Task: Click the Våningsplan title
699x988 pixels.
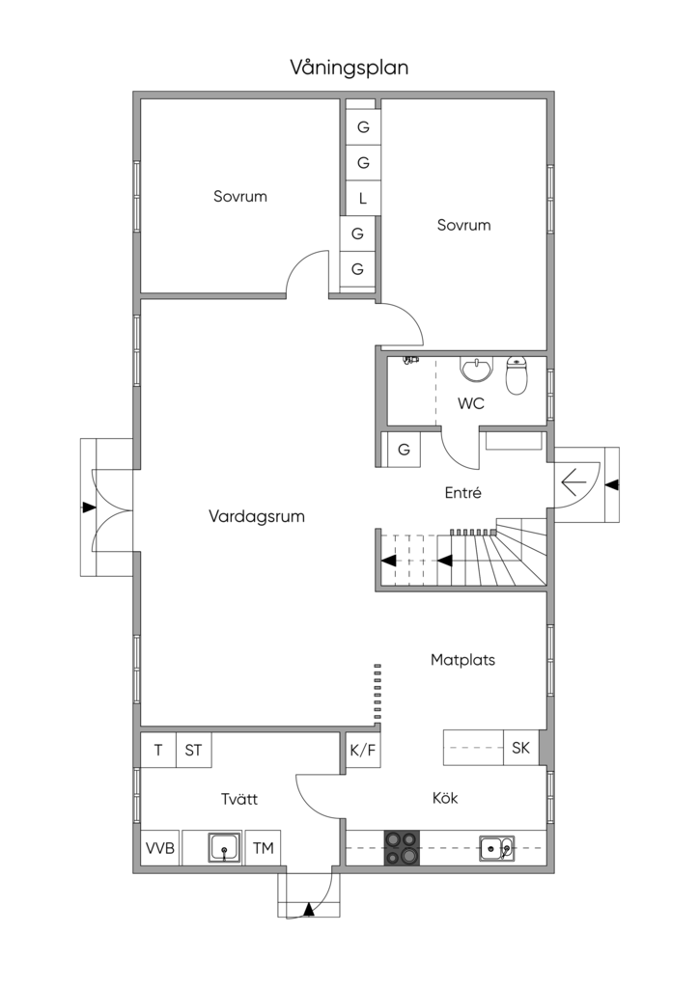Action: (x=349, y=69)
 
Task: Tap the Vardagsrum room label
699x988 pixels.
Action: (x=257, y=517)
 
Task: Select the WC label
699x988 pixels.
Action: (x=471, y=403)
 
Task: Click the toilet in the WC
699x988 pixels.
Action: (x=517, y=375)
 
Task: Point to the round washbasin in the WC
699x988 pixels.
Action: (x=477, y=370)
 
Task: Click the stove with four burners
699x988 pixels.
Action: (x=403, y=847)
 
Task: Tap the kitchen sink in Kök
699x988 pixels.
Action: (x=496, y=848)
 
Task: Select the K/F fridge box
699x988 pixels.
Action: (x=363, y=750)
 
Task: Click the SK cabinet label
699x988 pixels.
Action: (x=520, y=748)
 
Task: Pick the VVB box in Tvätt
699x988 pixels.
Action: (x=160, y=847)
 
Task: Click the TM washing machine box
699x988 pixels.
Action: (x=264, y=847)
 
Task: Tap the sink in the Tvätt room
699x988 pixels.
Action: (x=224, y=847)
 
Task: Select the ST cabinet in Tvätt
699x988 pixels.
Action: (x=193, y=750)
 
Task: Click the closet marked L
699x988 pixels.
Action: (x=363, y=199)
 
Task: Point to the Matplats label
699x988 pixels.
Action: (x=462, y=660)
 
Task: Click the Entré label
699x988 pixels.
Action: (x=463, y=493)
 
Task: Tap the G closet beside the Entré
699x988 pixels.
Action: (x=404, y=450)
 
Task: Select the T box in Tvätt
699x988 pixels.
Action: (x=158, y=750)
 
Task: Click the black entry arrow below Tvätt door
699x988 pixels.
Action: (x=309, y=909)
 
